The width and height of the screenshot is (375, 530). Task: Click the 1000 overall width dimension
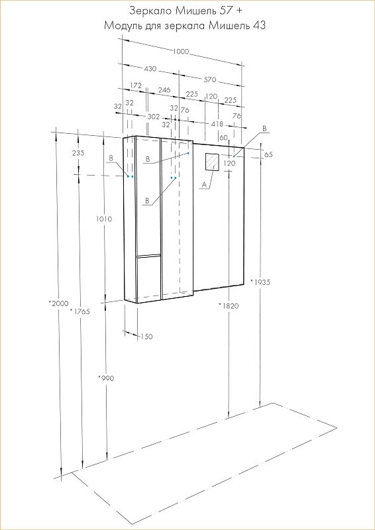pos(181,52)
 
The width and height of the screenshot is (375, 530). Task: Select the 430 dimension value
pos(150,69)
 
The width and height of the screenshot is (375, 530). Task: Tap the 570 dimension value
pos(209,79)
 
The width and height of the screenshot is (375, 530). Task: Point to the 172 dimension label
pos(136,85)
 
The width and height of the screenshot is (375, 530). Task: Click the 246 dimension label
pos(164,90)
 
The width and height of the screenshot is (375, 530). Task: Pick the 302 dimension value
pos(154,117)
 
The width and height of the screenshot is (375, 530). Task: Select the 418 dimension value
pos(217,124)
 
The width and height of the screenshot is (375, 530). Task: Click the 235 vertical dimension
pos(78,153)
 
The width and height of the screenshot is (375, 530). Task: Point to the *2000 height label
pos(59,303)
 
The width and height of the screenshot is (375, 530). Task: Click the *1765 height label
pos(80,311)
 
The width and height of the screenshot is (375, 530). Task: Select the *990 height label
pos(106,378)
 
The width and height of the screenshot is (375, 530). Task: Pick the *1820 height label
pos(229,306)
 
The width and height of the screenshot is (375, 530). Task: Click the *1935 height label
pos(260,282)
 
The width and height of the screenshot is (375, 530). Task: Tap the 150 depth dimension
pos(147,337)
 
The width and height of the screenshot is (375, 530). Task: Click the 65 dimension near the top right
pos(268,154)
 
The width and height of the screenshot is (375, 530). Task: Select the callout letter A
pos(203,184)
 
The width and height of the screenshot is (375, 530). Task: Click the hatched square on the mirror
pos(213,162)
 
